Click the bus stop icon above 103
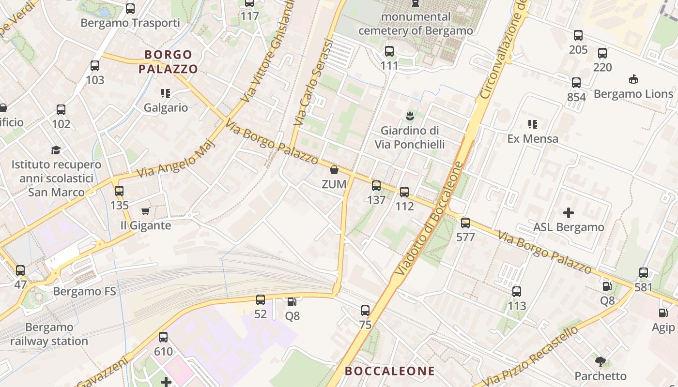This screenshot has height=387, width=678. pos(95,65)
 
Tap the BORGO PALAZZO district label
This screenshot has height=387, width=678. pos(168,61)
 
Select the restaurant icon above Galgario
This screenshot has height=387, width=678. pos(166,93)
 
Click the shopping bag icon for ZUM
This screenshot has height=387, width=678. pos(334,170)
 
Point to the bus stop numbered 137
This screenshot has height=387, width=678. pos(376,186)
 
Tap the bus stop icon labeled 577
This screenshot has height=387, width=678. pos(465,223)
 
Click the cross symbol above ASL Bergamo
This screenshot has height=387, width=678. pos(569,212)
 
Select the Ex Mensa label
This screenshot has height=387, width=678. pos(533,139)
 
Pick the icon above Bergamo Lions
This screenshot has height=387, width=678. pos(633,79)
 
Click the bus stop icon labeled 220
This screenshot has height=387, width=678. pos(602,53)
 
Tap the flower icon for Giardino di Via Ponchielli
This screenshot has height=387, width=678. pos(410,116)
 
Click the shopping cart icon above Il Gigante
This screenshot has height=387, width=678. pos(145,211)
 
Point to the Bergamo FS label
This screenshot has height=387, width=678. pos(85,291)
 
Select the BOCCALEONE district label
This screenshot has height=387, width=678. pos(390,371)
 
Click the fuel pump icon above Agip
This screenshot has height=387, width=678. pos(663,313)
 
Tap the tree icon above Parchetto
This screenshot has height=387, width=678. pos(601,361)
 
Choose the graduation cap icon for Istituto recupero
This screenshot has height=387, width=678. pos(56,150)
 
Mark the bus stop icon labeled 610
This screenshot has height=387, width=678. pos(163,337)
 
